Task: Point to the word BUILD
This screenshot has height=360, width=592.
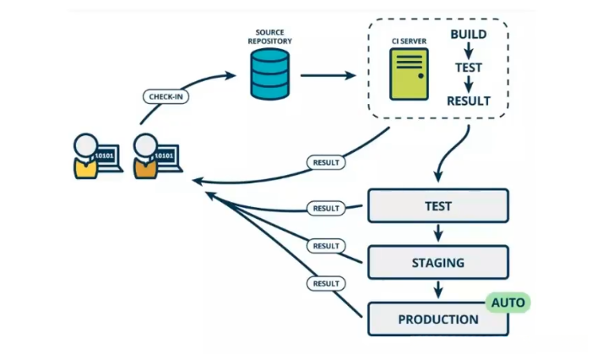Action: (468, 35)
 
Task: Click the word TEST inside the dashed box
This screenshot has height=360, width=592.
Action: (468, 68)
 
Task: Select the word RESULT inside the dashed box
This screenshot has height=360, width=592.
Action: (468, 101)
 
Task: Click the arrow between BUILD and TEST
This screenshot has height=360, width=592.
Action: (468, 51)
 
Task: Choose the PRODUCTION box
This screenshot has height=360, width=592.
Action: (437, 319)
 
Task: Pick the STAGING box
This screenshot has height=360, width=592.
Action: (437, 263)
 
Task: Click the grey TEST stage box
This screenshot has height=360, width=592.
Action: (437, 206)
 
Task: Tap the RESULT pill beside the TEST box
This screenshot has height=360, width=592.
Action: (326, 208)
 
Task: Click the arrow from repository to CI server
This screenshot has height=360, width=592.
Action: (328, 75)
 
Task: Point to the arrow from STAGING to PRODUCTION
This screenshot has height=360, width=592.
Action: (437, 290)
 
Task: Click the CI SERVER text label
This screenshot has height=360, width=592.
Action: (409, 41)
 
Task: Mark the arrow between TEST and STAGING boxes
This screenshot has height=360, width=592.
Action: (437, 234)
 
